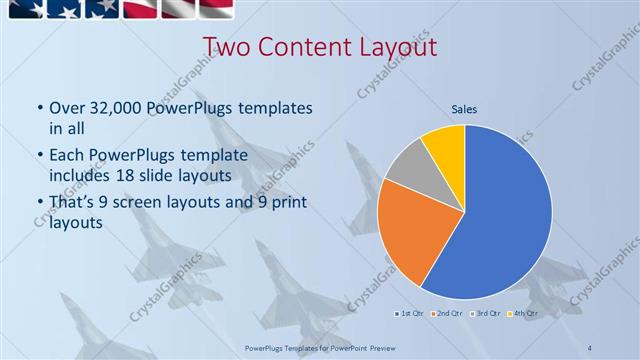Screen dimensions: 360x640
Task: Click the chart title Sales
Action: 465,108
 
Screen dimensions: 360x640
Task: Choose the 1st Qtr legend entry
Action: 410,314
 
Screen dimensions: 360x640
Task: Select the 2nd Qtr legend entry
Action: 447,314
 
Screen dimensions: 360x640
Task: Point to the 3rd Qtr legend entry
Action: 485,314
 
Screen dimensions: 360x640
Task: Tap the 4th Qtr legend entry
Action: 523,314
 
